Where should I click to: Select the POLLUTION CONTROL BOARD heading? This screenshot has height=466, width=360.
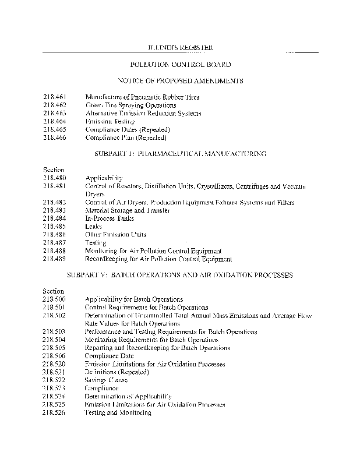179,64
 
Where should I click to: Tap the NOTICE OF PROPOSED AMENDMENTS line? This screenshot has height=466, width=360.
180,80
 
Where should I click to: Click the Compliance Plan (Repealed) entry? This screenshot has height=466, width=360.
126,137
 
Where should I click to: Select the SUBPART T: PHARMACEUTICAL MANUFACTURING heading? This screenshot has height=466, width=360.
180,154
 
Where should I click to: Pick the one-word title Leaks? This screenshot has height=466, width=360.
93,227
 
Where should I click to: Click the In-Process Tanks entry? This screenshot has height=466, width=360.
110,218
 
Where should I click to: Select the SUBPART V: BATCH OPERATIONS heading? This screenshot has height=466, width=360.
180,274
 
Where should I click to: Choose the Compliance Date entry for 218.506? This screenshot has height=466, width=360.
110,355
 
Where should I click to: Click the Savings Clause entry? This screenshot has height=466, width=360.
107,380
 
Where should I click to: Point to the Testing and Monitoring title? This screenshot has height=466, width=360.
118,412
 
